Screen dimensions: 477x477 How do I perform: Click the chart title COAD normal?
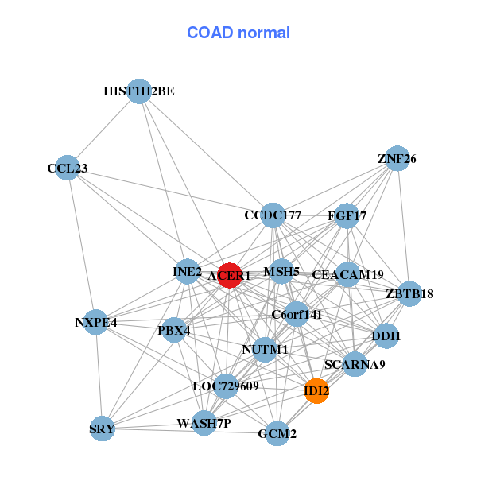tap(238, 33)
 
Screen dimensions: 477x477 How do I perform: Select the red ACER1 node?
tap(229, 275)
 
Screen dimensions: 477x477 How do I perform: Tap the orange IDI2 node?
tap(316, 391)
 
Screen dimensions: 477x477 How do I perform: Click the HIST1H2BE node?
tap(139, 91)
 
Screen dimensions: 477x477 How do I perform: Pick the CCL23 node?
tap(68, 169)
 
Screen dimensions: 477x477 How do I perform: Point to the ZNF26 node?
tap(397, 159)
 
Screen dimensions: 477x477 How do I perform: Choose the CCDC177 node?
tap(273, 215)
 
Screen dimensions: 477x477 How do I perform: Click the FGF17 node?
tap(347, 215)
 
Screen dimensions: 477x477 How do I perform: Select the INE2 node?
tap(188, 272)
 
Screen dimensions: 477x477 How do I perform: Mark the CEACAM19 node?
tap(347, 275)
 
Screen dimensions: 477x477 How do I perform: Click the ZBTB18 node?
tap(409, 294)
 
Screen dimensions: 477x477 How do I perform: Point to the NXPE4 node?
tap(96, 322)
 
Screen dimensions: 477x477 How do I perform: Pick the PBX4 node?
tap(174, 329)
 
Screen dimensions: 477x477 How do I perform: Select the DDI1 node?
tap(386, 336)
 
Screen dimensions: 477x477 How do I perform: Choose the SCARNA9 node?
tap(355, 365)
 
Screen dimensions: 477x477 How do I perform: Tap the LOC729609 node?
tap(226, 386)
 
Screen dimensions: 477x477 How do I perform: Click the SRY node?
tap(103, 429)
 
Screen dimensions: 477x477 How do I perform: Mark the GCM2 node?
tap(277, 433)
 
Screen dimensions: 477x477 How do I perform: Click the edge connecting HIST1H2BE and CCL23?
tap(103, 130)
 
